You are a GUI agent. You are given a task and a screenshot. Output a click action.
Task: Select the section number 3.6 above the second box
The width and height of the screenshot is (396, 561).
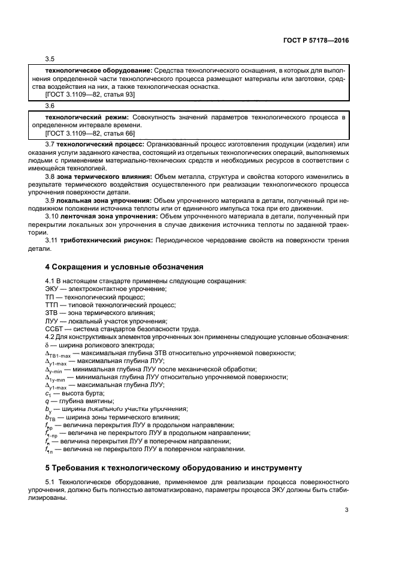point(50,105)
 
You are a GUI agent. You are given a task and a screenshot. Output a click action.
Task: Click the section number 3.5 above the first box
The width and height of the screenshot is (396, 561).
point(50,59)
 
